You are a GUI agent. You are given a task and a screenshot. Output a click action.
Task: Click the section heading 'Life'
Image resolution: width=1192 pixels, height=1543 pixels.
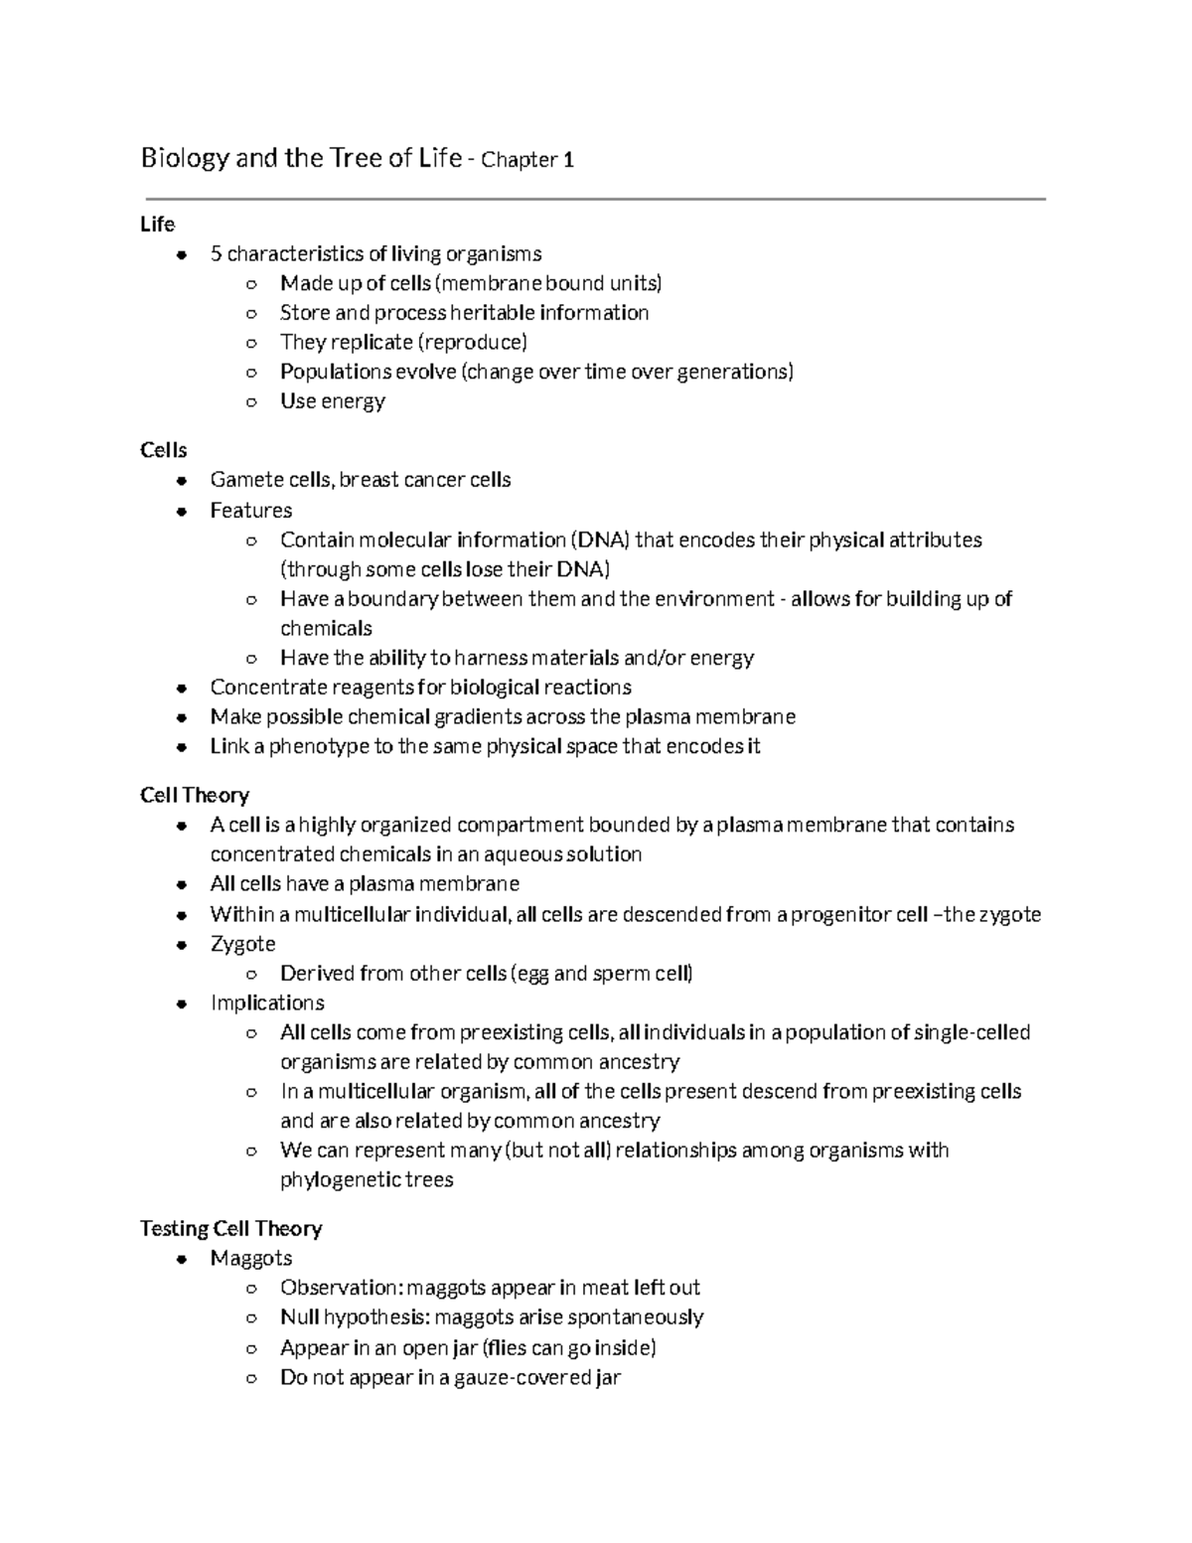point(157,225)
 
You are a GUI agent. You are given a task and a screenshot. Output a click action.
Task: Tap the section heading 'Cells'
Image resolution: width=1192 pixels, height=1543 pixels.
point(164,450)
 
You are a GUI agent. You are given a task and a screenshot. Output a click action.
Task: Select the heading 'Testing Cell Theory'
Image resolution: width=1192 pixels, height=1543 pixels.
point(230,1229)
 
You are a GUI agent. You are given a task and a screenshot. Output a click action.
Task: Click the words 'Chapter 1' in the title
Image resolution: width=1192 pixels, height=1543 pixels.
point(527,160)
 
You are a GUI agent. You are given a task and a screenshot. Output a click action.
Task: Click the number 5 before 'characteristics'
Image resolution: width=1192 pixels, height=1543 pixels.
point(216,254)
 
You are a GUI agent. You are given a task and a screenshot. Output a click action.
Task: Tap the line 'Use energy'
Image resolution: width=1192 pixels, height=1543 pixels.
point(332,401)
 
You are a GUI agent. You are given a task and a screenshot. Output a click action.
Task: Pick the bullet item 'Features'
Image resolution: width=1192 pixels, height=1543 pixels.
point(250,511)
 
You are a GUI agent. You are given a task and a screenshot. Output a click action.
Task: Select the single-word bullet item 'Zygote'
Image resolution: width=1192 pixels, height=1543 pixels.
point(242,944)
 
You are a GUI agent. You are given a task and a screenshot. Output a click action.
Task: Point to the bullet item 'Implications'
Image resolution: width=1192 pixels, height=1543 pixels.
point(267,1003)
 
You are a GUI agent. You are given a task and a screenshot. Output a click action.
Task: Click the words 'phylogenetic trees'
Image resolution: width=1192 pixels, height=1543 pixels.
point(367,1180)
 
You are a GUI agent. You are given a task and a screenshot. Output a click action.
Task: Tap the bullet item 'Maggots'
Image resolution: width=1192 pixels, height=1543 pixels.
point(250,1259)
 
